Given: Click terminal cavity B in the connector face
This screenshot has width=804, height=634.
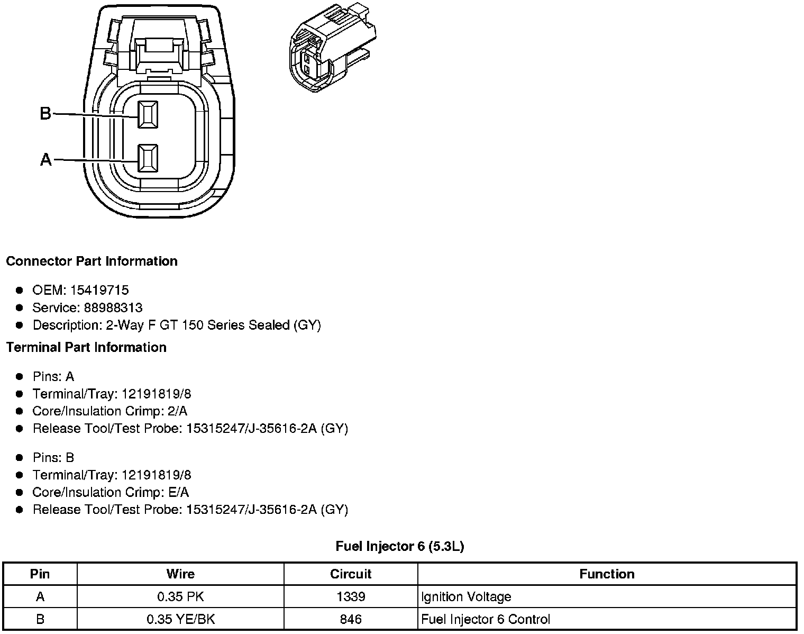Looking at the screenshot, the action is coord(148,114).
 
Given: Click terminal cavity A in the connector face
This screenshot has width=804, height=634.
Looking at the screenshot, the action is coord(148,158).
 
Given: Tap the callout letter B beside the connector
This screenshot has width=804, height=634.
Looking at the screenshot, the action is coord(46,113).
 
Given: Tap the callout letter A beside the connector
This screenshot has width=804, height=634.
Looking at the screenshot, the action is coord(46,159).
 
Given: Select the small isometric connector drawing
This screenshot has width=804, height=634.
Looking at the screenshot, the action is coord(333,49).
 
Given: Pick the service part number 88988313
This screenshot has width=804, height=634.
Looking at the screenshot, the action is coord(113,307).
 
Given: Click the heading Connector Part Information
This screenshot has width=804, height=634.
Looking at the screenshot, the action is coord(92,261).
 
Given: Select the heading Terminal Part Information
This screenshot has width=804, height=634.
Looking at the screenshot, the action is coord(86,347).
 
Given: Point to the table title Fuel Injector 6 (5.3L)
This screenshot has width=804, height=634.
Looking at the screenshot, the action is coord(400,546).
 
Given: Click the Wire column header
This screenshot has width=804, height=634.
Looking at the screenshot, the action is coord(180,574).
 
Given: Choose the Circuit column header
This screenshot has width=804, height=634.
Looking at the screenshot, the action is coord(351,574).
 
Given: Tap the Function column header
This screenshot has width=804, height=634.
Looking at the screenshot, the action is coord(607,574).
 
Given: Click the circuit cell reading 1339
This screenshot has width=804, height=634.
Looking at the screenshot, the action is coord(351,597).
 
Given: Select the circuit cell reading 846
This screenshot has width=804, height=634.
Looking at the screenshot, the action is coord(351,619).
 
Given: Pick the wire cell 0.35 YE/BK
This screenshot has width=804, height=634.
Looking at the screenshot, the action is coord(180,619).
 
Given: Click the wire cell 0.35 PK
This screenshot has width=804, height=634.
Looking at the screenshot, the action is coord(180,597).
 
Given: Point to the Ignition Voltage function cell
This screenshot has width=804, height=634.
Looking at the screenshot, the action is coord(466,597).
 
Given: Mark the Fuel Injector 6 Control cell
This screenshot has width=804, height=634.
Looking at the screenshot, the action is coord(486,619).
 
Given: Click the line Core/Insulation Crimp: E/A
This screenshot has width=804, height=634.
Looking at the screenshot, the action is coord(111,492).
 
